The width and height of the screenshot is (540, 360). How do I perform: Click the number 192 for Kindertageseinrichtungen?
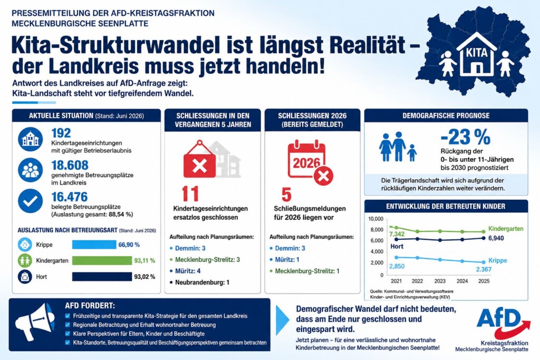[x=61, y=133]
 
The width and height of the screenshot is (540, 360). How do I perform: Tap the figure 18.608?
[x=70, y=165]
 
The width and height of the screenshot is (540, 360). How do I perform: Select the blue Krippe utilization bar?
[x=94, y=245]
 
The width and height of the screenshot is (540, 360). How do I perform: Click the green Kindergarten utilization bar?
[x=102, y=260]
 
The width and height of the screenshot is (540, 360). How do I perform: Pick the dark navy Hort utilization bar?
[x=102, y=277]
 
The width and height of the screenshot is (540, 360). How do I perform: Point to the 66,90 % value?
[x=129, y=245]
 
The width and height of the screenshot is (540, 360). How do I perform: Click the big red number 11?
[x=190, y=194]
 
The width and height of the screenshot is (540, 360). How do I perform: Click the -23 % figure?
[x=465, y=138]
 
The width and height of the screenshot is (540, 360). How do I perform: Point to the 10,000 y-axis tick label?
[x=375, y=219]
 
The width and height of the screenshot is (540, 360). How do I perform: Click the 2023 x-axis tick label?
[x=440, y=281]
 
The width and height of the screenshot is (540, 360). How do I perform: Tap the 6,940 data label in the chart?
[x=496, y=238]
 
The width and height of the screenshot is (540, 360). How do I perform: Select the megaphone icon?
[x=35, y=321]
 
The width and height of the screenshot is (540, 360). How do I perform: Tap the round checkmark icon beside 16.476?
[x=30, y=201]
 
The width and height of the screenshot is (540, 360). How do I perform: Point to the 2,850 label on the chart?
[x=397, y=266]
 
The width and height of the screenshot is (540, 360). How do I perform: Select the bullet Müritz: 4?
[x=188, y=271]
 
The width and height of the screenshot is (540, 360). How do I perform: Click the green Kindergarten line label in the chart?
[x=506, y=229]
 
